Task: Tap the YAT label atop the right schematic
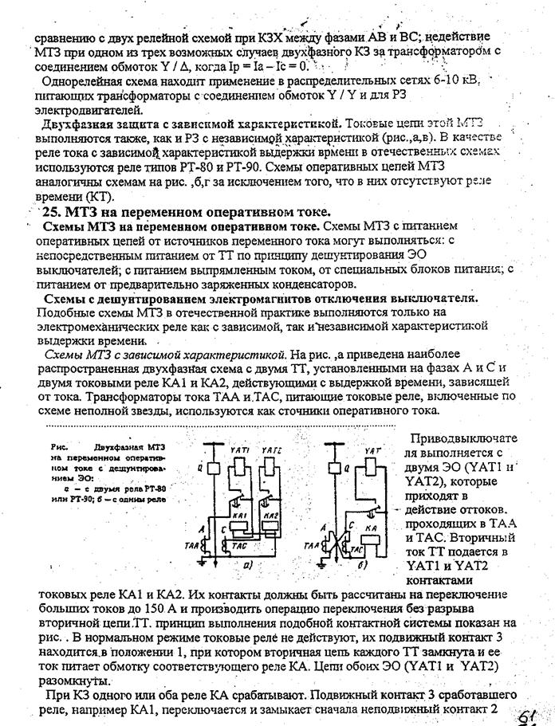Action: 371,451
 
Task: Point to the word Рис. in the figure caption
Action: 57,448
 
